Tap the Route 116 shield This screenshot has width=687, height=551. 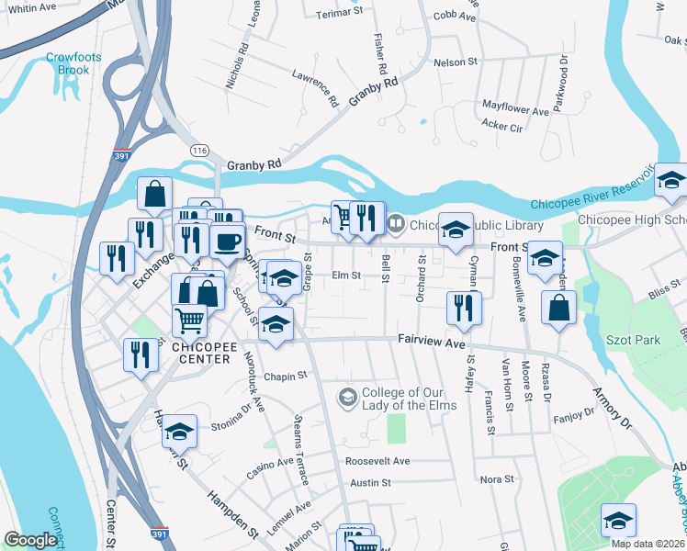198,149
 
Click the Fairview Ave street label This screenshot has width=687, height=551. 432,340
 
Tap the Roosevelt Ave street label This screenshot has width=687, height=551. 377,460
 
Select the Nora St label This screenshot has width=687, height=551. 497,479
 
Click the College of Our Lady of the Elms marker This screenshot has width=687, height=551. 348,397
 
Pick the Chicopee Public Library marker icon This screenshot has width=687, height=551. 396,223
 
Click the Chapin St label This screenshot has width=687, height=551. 284,376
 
